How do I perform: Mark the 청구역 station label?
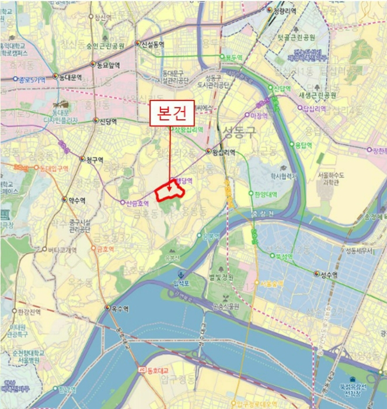(x=94, y=160)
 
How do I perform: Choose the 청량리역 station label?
(x=285, y=10)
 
